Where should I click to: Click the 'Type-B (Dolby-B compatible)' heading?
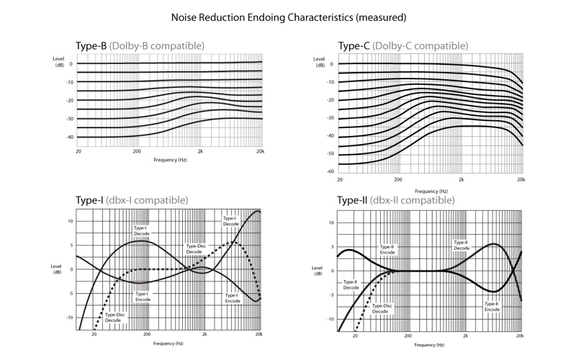[140, 46]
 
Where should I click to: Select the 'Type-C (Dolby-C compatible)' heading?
[403, 46]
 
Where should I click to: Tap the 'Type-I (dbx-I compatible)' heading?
[132, 200]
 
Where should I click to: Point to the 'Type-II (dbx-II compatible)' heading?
[395, 200]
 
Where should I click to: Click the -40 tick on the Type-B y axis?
[69, 137]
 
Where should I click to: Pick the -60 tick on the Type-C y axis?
[330, 171]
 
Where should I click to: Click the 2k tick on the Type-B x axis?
[200, 151]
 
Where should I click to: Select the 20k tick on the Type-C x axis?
[521, 179]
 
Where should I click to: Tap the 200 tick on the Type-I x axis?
[147, 334]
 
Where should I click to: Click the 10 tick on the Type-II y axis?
[331, 222]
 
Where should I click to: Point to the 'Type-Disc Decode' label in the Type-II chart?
[382, 309]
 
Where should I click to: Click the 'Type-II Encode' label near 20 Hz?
[387, 250]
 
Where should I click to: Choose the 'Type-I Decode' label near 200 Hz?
[141, 230]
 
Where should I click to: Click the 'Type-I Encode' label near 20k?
[233, 298]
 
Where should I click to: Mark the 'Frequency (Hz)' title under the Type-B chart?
[170, 160]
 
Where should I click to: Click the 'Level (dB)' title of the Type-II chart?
[317, 271]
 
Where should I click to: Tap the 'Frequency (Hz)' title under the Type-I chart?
[168, 343]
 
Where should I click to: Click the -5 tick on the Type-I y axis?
[70, 294]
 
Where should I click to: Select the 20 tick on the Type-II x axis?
[355, 336]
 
